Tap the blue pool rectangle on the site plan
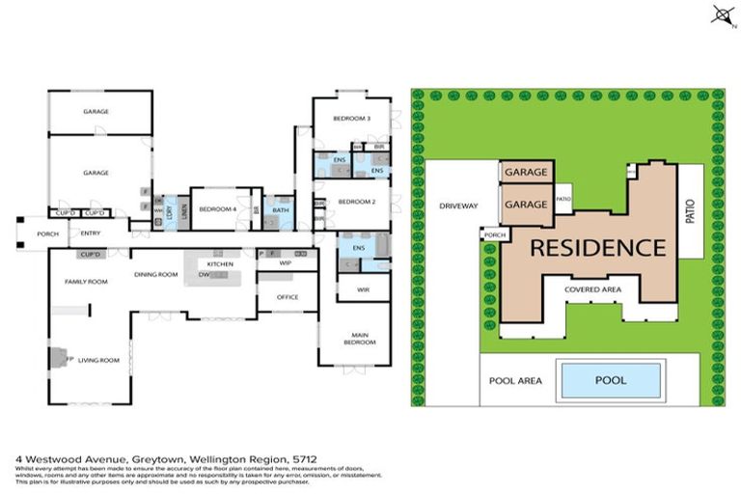click(610, 380)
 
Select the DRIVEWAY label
click(458, 206)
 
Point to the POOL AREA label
click(517, 380)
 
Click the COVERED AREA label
click(586, 288)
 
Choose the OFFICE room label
click(287, 297)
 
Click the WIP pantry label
click(286, 262)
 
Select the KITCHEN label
click(221, 263)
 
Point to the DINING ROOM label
click(156, 275)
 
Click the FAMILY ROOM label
click(85, 281)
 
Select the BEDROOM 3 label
click(352, 118)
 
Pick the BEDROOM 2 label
click(356, 202)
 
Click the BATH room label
click(281, 209)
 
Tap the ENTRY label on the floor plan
click(92, 233)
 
